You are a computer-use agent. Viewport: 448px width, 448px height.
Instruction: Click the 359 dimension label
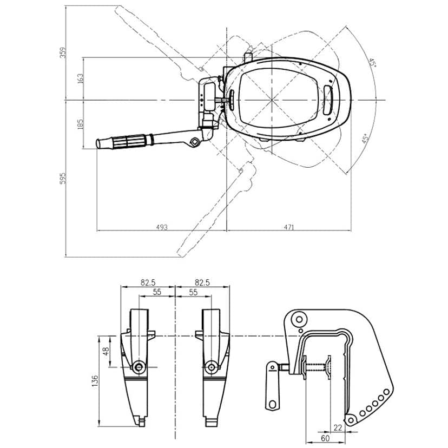(x=63, y=52)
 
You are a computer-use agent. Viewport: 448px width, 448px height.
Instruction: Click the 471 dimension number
(x=288, y=227)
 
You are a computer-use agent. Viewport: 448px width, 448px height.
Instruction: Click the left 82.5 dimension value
(x=148, y=282)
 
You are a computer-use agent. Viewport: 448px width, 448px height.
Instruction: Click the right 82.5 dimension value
(x=202, y=282)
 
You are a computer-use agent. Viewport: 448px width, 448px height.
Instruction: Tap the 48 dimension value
(x=107, y=351)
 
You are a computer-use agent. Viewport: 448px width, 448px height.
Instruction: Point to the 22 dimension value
(x=338, y=427)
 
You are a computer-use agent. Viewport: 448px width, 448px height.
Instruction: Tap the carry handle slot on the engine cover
(x=328, y=100)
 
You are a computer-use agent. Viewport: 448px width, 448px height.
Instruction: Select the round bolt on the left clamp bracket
(x=140, y=367)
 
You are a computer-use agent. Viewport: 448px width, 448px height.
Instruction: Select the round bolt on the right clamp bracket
(x=210, y=367)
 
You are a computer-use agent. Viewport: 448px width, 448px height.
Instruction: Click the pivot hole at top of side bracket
(x=300, y=320)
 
